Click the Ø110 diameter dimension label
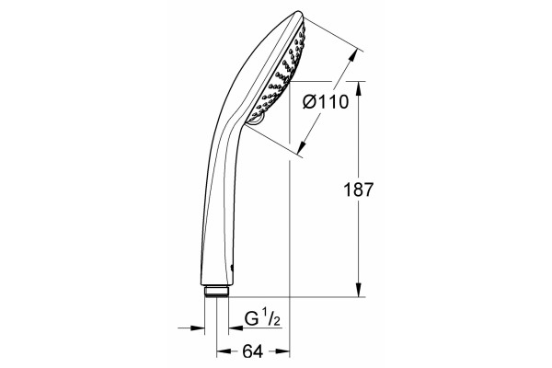click(326, 102)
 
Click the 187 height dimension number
click(358, 190)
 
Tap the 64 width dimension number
click(253, 351)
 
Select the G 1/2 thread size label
click(262, 319)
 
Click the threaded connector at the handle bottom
click(217, 292)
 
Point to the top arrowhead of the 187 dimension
click(359, 88)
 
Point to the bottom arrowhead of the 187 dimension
click(359, 290)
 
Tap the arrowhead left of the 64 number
click(224, 351)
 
